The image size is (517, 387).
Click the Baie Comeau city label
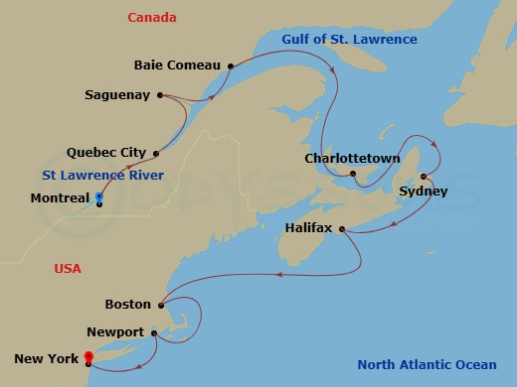176,65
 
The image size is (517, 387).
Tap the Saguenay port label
116,95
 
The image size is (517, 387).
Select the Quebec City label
105,153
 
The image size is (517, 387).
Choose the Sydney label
423,191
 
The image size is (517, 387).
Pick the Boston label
127,304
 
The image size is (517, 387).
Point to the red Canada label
152,18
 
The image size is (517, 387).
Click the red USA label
68,269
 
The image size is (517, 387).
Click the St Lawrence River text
103,176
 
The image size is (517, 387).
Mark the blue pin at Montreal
98,196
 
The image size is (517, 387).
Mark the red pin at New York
88,356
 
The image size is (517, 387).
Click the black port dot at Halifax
342,230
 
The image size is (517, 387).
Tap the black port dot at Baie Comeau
230,66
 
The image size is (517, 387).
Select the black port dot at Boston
160,305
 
